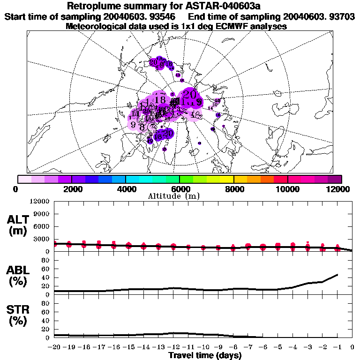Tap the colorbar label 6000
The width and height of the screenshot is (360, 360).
point(180,189)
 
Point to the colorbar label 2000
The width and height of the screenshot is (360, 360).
point(71,189)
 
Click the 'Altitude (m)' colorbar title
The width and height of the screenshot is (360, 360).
point(175,196)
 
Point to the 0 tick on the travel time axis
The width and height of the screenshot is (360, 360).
point(352,347)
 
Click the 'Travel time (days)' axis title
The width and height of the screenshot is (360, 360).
point(205,356)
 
